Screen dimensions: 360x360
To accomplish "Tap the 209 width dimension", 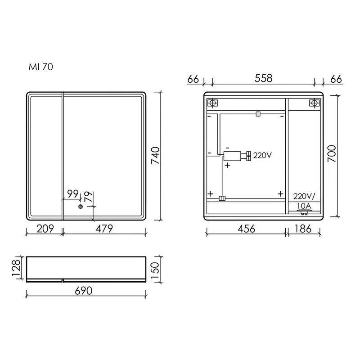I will click(44, 229).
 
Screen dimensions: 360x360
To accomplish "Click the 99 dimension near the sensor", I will click(72, 194).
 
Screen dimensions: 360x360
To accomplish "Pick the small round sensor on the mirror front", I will click(81, 207).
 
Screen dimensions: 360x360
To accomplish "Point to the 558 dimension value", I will click(263, 78).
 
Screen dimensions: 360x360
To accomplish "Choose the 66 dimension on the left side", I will click(193, 78).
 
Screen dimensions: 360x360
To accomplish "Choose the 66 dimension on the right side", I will click(335, 78).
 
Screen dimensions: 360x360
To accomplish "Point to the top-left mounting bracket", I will click(212, 103).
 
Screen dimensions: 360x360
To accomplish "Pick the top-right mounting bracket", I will click(313, 103).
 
